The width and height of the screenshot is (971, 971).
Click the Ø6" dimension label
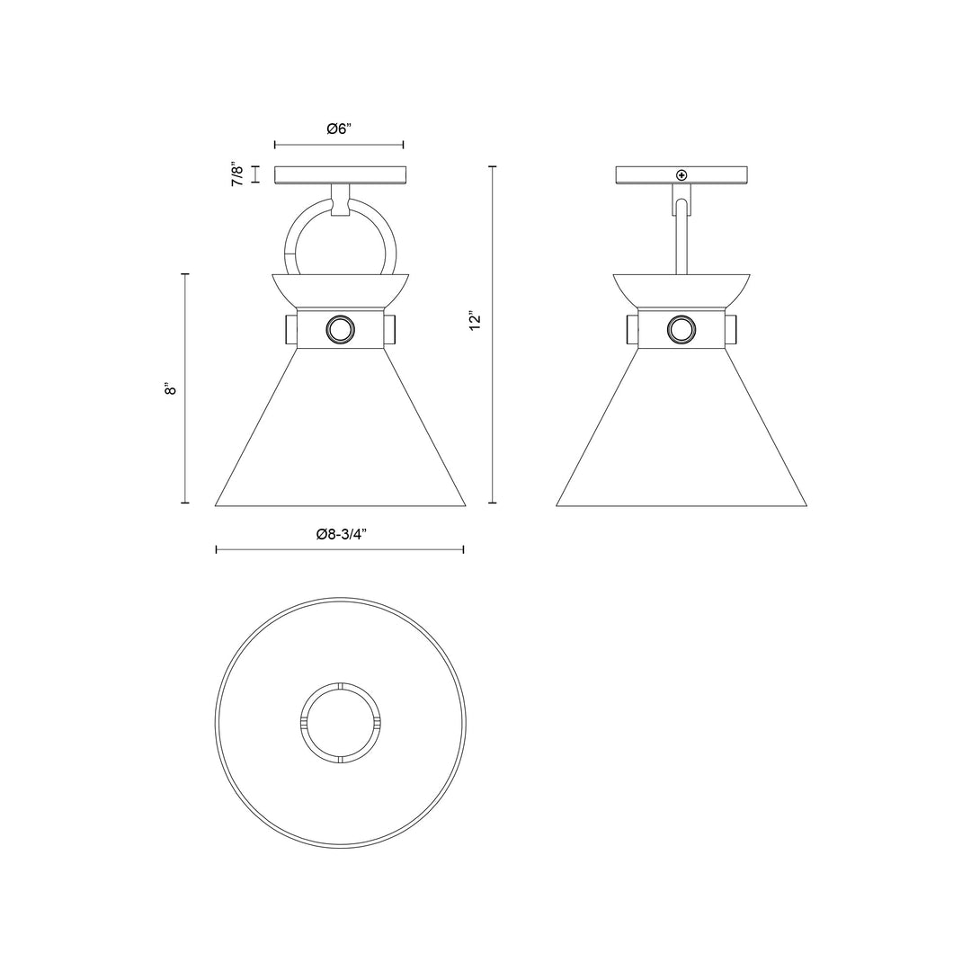tap(339, 129)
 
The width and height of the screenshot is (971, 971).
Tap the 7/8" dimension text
tap(237, 174)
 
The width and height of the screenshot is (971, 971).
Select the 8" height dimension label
tap(170, 388)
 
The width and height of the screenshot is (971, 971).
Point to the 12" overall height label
tap(476, 321)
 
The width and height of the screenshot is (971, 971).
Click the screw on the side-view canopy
tap(681, 174)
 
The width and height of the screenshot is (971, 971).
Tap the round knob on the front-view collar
tap(341, 330)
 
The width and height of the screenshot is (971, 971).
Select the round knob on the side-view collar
tap(681, 330)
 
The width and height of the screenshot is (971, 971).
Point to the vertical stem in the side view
tap(681, 238)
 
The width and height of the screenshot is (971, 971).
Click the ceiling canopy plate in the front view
tap(340, 175)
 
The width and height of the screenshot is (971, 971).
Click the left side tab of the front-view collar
tap(291, 330)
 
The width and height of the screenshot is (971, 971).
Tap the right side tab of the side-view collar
tap(731, 330)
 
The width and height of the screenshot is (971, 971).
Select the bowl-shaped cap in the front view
tap(340, 290)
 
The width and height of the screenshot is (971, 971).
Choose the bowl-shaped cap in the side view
tap(681, 290)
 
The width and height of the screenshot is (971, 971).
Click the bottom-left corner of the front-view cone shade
tap(217, 505)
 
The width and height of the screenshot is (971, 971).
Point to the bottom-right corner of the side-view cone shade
tap(806, 505)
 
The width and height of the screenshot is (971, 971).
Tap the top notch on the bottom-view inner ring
tap(341, 686)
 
